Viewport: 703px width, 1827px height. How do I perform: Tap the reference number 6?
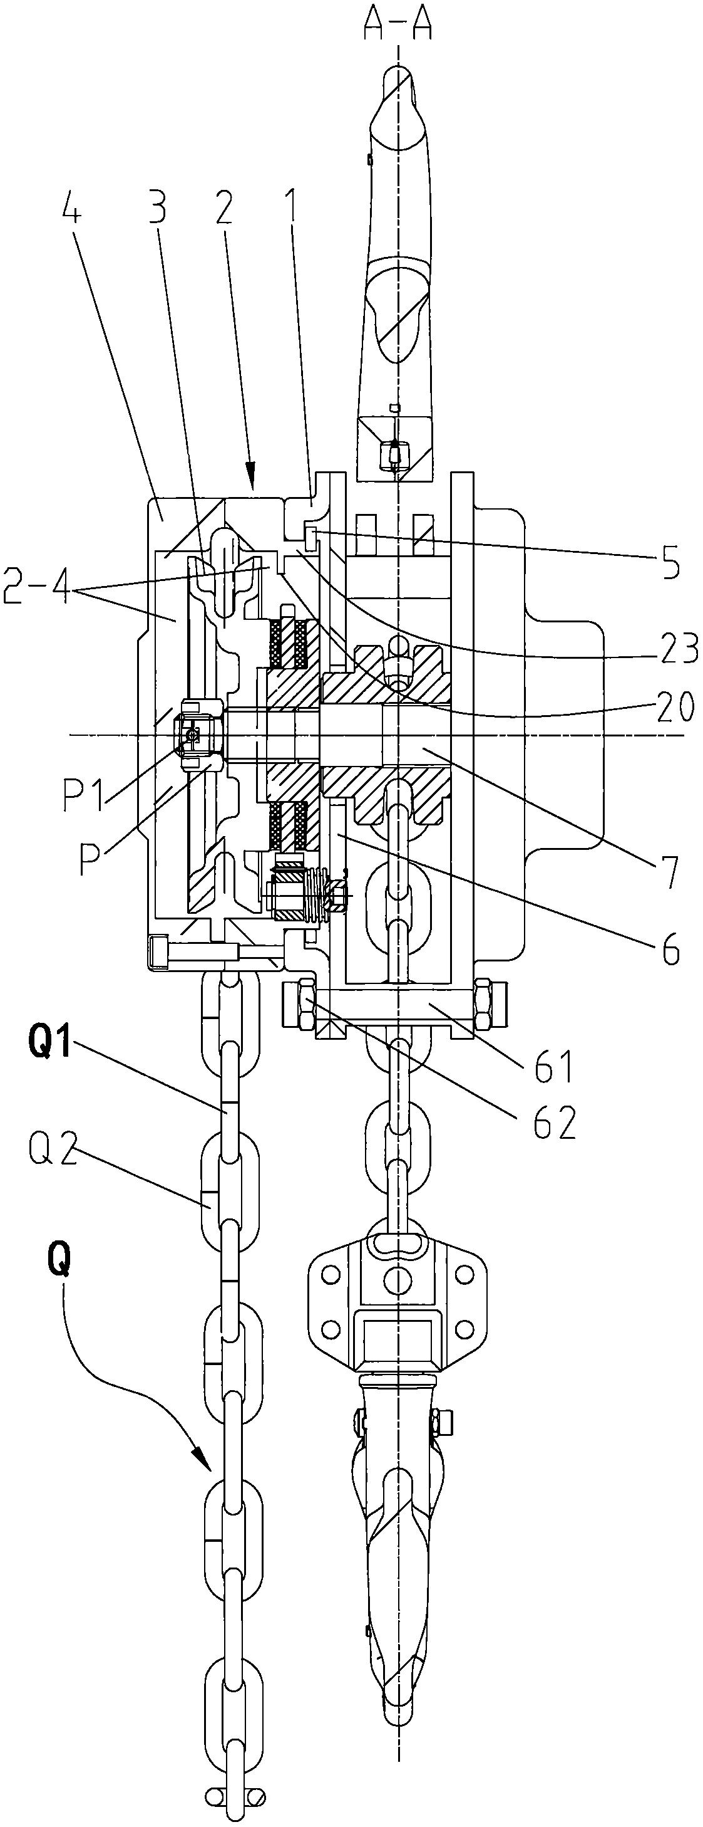[x=669, y=948]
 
